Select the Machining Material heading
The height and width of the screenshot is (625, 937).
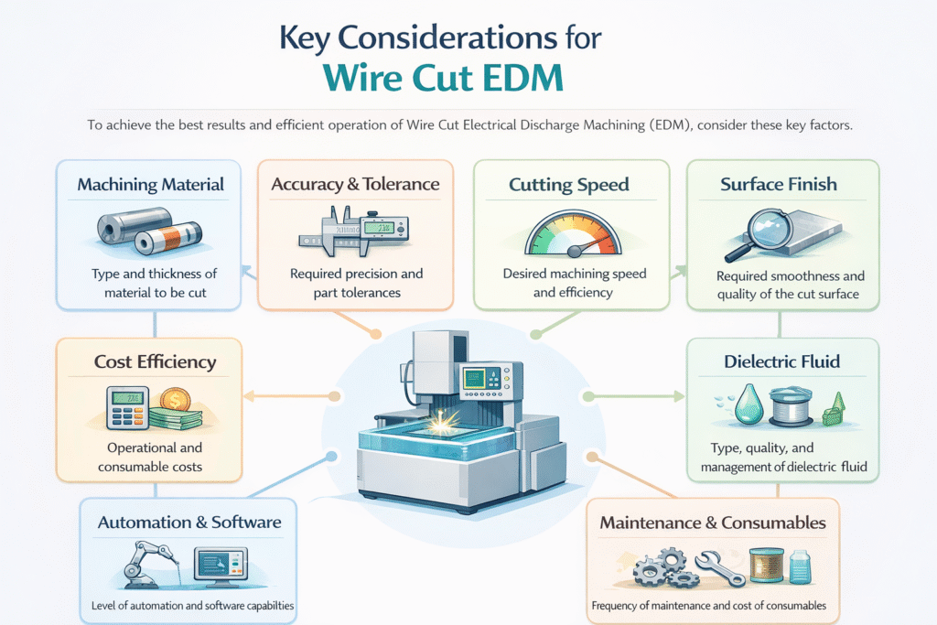pos(150,185)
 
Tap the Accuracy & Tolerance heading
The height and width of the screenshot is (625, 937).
pos(355,185)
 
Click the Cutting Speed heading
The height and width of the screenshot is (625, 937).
pos(568,186)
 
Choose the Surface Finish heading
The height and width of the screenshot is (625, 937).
pos(778,185)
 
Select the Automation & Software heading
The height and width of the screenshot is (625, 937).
pos(189,523)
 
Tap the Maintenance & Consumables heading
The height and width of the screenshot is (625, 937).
pos(713,523)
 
